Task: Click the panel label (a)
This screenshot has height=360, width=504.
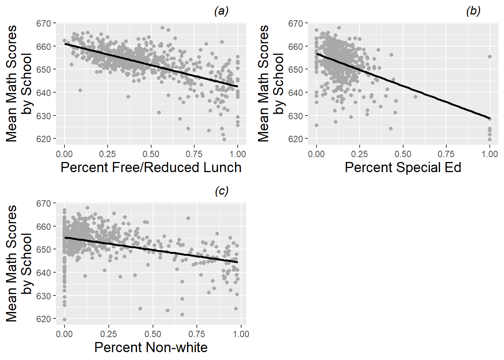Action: [221, 11]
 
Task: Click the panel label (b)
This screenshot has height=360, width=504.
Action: [473, 11]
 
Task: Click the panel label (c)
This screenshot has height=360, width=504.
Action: [221, 191]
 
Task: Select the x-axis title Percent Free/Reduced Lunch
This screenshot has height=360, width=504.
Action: [151, 167]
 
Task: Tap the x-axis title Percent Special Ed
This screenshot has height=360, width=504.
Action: [403, 167]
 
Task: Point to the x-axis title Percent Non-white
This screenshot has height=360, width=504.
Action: [151, 347]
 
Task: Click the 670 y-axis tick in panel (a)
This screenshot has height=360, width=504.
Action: [43, 24]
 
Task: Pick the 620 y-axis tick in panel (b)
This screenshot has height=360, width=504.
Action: [295, 139]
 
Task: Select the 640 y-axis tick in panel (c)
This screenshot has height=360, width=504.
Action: [43, 273]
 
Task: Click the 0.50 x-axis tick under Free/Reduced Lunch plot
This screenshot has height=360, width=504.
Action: [151, 154]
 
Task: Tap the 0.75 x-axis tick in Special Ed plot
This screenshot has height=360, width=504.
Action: [446, 154]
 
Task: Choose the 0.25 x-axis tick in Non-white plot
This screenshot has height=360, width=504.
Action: [108, 334]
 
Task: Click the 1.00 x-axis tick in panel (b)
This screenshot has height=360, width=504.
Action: [489, 154]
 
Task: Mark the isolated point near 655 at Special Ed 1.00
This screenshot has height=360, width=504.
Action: [489, 57]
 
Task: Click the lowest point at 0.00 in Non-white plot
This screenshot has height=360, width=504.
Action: [64, 319]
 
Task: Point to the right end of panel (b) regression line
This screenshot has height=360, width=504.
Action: [489, 118]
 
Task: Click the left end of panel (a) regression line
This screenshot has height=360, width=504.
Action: [65, 44]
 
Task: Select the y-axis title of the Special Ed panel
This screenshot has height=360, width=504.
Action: [270, 83]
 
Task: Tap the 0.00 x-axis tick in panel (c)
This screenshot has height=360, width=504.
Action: [64, 334]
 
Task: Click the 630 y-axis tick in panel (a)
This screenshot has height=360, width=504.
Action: [43, 116]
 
